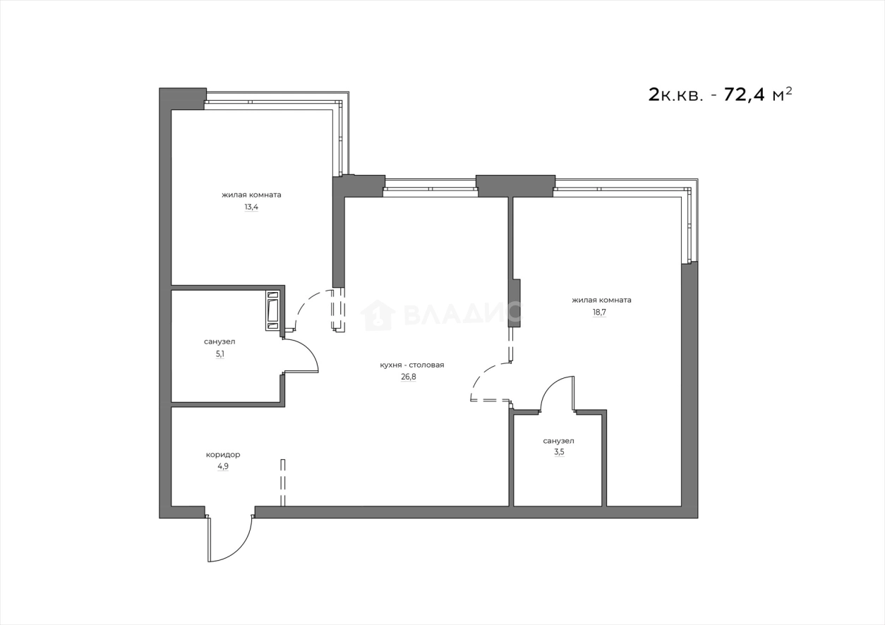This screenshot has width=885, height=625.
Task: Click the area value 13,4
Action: click(x=251, y=207)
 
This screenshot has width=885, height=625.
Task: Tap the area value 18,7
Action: click(x=599, y=312)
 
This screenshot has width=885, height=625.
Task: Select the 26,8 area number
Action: click(x=409, y=377)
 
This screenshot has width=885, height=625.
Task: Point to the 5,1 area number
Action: click(x=220, y=354)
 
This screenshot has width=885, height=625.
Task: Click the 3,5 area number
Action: click(x=559, y=452)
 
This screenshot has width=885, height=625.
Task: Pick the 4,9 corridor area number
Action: click(x=223, y=466)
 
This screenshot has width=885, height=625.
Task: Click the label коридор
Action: click(x=223, y=454)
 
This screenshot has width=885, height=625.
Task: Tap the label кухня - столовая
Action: click(x=411, y=365)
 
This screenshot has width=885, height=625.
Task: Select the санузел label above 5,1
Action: click(x=219, y=341)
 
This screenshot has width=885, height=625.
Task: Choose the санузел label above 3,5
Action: click(x=558, y=441)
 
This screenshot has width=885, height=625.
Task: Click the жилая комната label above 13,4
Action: click(x=251, y=195)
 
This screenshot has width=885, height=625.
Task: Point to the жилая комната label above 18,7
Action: click(x=601, y=300)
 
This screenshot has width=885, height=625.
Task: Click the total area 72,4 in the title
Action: click(x=748, y=95)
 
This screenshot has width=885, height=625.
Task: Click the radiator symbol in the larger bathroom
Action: click(x=272, y=310)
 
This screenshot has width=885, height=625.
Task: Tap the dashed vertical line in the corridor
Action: click(x=283, y=483)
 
